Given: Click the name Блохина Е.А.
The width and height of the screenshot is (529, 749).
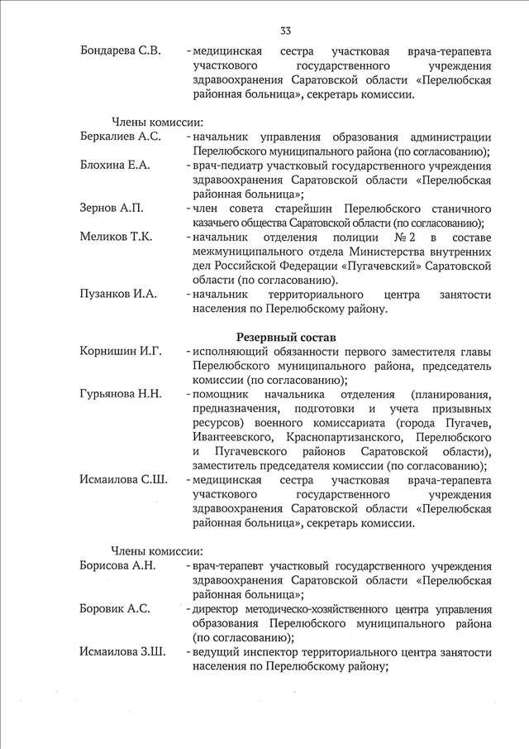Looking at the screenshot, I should [x=115, y=166].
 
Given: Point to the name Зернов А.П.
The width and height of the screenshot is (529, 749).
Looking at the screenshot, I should [x=112, y=208].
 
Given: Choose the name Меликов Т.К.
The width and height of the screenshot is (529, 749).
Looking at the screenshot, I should [x=116, y=237].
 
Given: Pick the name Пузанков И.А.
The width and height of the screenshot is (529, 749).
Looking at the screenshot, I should [x=119, y=295].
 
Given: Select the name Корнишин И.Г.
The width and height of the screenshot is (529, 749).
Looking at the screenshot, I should [x=121, y=352].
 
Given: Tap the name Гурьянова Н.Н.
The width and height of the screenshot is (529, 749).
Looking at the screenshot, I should [x=121, y=394].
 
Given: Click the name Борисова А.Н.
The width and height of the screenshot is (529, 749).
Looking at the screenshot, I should [x=117, y=566].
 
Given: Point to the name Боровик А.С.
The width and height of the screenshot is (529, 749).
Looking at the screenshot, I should [x=115, y=609].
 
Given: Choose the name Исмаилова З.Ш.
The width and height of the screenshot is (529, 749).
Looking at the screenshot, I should [x=122, y=652].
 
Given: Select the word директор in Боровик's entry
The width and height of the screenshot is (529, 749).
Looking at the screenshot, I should [x=218, y=609].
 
